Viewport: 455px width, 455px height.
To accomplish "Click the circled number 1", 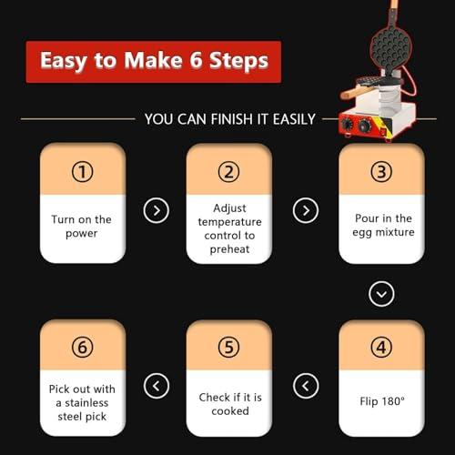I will coord(83,171).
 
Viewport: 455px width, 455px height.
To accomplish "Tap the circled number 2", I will coord(228,171).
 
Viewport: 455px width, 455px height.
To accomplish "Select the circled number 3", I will coord(381,171).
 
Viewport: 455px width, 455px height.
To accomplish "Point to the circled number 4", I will coord(381,348).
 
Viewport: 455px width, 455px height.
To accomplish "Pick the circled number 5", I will coord(228,348).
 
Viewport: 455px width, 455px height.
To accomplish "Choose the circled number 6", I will coord(83,348).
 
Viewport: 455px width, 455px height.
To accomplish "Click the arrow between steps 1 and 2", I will coord(157,211).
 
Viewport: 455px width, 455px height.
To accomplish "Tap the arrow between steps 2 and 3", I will coord(305,211).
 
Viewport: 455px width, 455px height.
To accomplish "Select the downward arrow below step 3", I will coord(381,294).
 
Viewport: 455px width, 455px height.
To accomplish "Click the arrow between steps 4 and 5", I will coord(305,386).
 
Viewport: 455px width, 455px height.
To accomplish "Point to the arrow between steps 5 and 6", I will coord(157,386).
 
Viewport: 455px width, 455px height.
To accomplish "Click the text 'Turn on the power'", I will coord(83,226).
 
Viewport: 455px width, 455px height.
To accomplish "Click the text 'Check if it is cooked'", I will coord(228,404).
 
